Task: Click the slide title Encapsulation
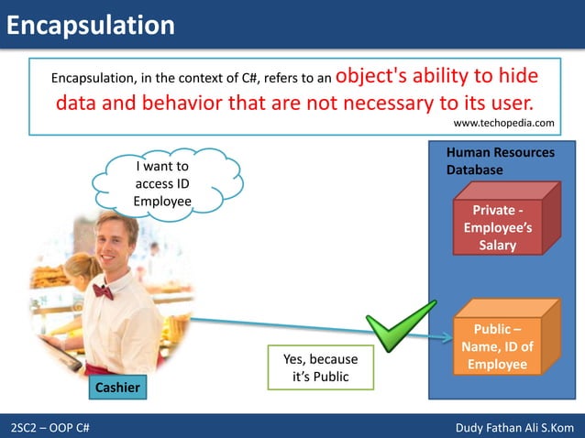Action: coord(90,25)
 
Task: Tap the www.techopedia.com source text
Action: coord(504,123)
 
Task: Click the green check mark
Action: coord(401,326)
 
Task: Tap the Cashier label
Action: coord(118,388)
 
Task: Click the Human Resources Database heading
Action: coord(499,161)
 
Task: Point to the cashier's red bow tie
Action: coord(103,290)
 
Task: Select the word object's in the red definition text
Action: coord(377,75)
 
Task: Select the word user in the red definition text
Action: coord(504,100)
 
